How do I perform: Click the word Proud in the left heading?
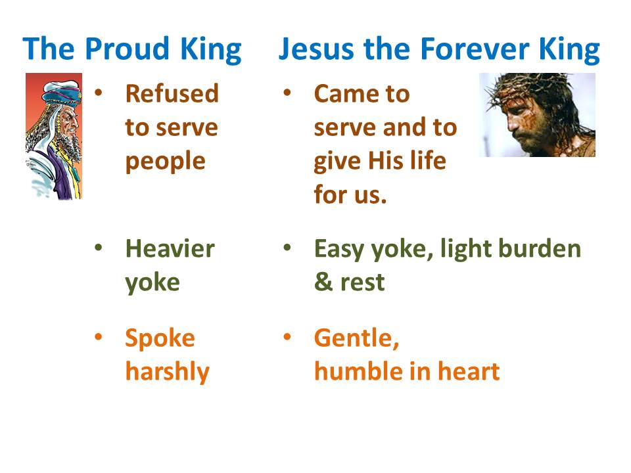117,49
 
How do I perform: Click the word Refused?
172,94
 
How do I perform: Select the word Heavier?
170,249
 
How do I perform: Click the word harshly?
167,371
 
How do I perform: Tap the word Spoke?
160,338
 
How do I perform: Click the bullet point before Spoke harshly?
99,337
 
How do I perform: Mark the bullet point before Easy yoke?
287,248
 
